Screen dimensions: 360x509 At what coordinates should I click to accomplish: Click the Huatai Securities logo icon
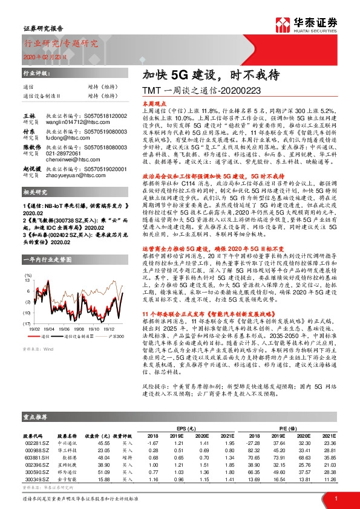(x=284, y=25)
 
